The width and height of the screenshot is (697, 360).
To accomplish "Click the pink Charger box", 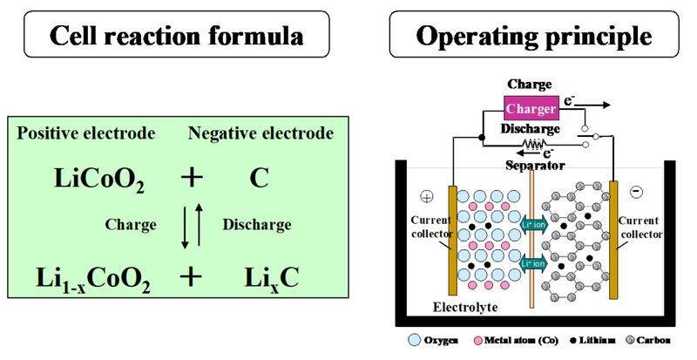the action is [x=531, y=108].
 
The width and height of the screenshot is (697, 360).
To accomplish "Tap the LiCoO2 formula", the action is [x=99, y=180].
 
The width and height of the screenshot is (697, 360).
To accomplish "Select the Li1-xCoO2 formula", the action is [x=93, y=279].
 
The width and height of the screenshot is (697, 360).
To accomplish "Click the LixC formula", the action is [x=272, y=278].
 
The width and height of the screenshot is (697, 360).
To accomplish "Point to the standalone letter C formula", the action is [x=259, y=179].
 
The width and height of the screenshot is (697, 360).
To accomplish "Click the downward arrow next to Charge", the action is [x=186, y=227].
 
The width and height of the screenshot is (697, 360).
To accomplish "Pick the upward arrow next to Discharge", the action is [x=199, y=224].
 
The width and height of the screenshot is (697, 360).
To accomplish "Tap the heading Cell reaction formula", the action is [x=177, y=35].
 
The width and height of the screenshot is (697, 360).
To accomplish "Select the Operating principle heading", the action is [x=534, y=36].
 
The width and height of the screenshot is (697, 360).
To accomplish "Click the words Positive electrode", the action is [x=86, y=133].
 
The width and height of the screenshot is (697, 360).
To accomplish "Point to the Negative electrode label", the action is [x=261, y=133].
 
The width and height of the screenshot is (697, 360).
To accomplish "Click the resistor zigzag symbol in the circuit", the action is [x=534, y=144].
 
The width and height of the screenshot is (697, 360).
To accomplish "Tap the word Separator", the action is [x=535, y=166].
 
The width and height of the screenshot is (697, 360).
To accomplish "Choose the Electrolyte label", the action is [x=465, y=307].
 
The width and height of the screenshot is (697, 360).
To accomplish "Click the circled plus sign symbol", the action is [x=427, y=197].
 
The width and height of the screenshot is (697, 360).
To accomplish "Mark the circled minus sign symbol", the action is [x=637, y=192].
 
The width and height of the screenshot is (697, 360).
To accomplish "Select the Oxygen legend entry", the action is [x=433, y=341].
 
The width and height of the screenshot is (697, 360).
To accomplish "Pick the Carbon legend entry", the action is [x=648, y=341].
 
